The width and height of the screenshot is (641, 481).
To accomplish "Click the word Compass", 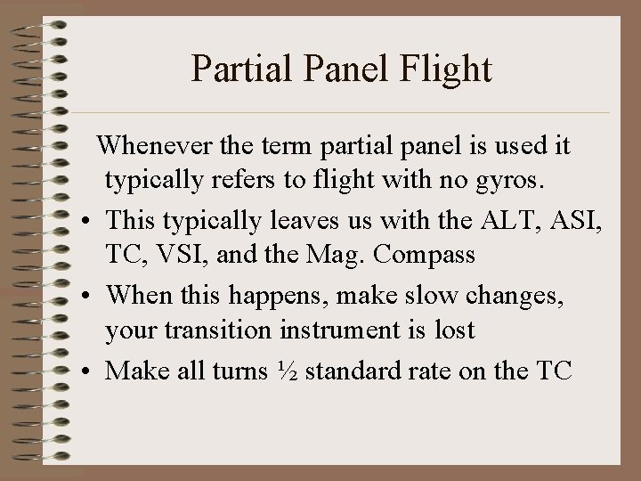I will click(426, 255).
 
